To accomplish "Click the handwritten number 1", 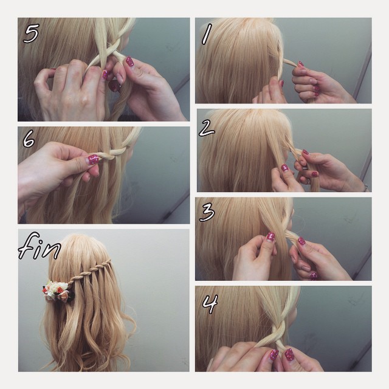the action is [x=206, y=34].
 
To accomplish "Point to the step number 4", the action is [x=210, y=304].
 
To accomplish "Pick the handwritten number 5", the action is [x=31, y=33].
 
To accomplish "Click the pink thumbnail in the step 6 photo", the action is [x=93, y=159].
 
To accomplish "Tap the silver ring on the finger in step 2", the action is [x=307, y=182].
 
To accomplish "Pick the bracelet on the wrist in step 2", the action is [x=365, y=187].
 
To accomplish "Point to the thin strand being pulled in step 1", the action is [x=291, y=63].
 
